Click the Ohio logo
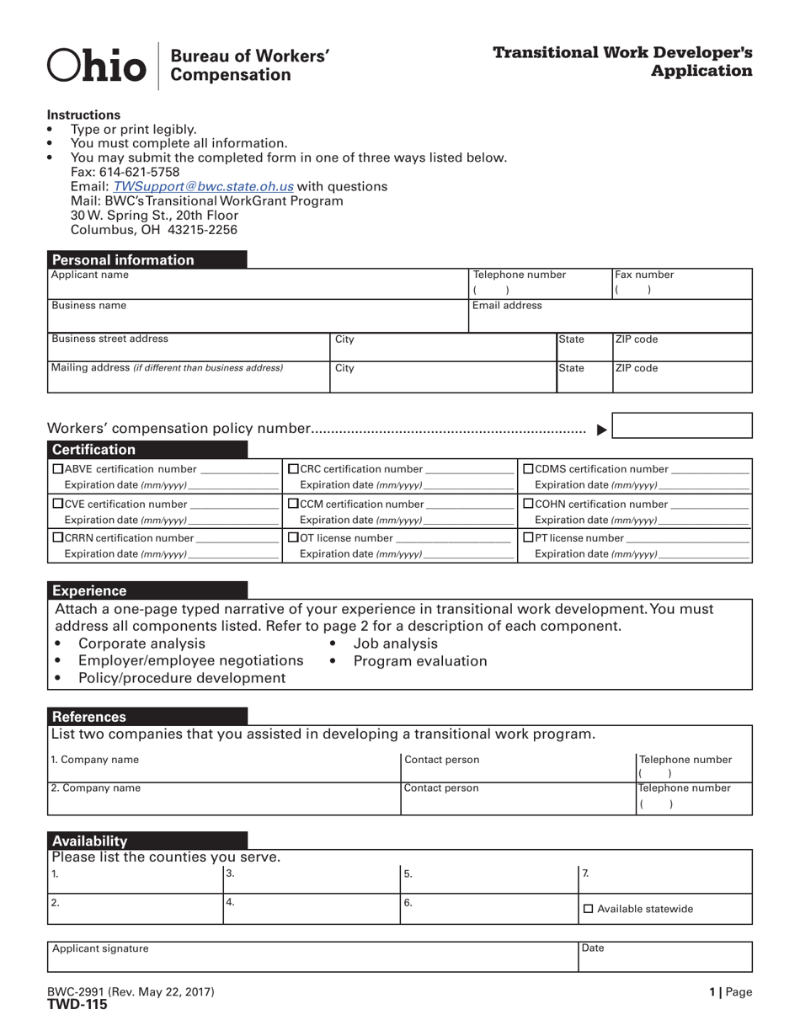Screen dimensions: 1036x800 96,66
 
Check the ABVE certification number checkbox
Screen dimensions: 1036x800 58,469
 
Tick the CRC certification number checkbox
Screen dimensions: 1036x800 293,469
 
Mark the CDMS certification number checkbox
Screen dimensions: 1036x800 529,469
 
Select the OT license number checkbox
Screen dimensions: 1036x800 293,537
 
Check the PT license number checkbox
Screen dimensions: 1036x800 529,537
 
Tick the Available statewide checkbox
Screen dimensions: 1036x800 588,909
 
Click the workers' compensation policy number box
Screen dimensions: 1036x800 681,425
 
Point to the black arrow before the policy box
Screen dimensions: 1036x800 601,430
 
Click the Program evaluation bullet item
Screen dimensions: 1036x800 419,661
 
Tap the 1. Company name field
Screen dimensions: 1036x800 223,766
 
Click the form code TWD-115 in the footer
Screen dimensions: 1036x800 77,1004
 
